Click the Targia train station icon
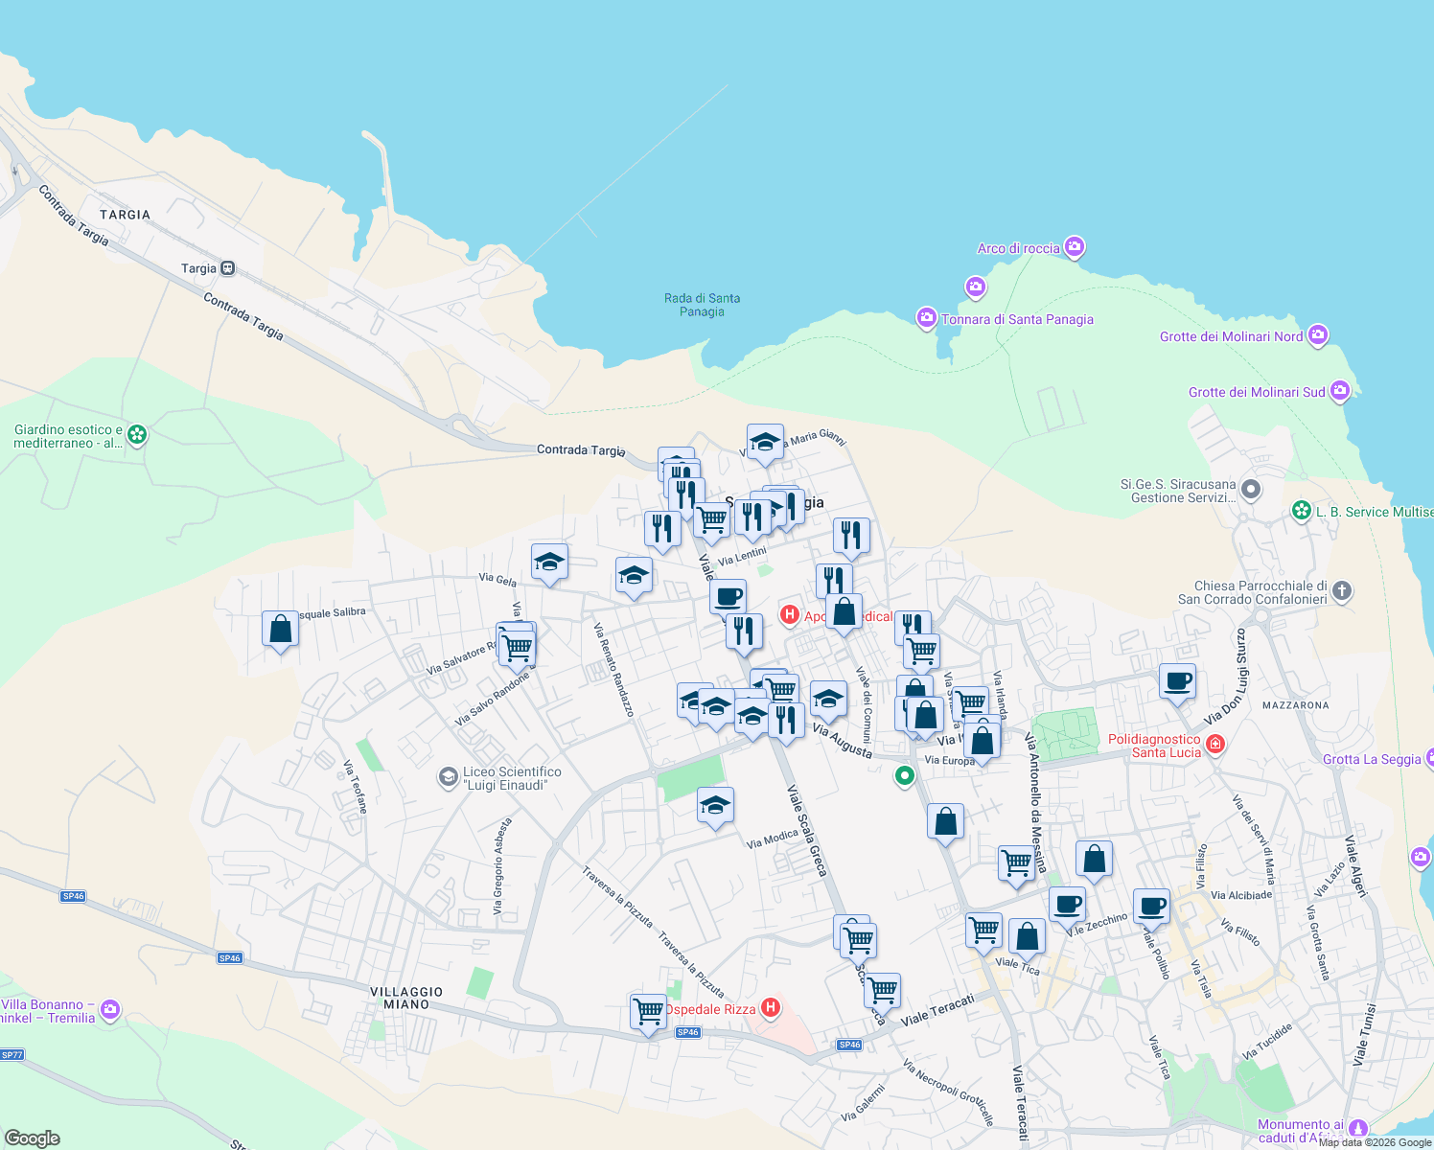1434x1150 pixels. click(x=227, y=268)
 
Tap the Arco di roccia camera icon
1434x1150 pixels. click(x=1075, y=247)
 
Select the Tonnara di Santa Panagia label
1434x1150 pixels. click(x=1017, y=319)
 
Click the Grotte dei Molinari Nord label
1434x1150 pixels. click(x=1231, y=336)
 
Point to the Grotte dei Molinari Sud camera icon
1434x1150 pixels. click(x=1340, y=391)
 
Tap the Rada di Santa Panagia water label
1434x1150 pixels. click(x=702, y=305)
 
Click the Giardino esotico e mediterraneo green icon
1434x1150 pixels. click(x=137, y=435)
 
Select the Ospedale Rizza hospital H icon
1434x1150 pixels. click(x=771, y=1007)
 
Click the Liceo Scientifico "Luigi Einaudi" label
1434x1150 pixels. click(x=512, y=778)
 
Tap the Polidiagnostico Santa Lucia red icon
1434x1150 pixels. click(x=1215, y=744)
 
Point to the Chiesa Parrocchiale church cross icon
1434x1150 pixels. click(x=1342, y=591)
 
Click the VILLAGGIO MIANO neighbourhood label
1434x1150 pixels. click(x=406, y=998)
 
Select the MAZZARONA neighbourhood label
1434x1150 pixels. click(x=1295, y=705)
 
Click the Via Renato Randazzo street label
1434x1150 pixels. click(x=613, y=670)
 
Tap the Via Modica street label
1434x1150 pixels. click(x=772, y=839)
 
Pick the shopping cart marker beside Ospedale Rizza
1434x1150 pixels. click(x=648, y=1011)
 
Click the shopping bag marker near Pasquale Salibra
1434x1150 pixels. click(x=280, y=630)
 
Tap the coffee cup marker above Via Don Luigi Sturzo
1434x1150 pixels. click(x=1177, y=681)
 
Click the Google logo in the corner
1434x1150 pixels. click(x=32, y=1138)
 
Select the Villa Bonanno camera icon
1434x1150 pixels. click(x=110, y=1009)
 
